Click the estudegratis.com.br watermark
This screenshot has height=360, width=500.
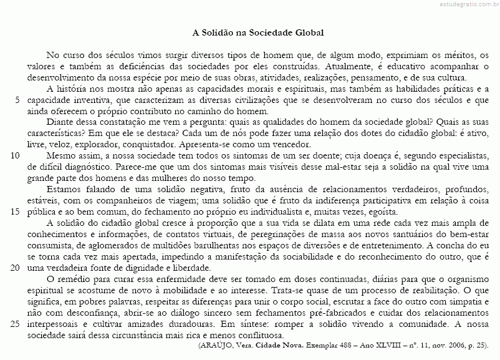[461, 5]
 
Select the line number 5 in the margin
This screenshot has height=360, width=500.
[17, 100]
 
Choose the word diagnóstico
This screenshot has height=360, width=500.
[89, 166]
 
